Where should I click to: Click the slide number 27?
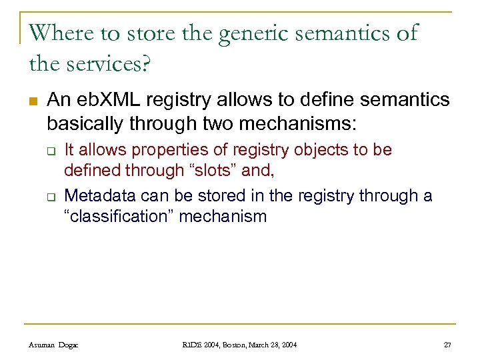point(447,344)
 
